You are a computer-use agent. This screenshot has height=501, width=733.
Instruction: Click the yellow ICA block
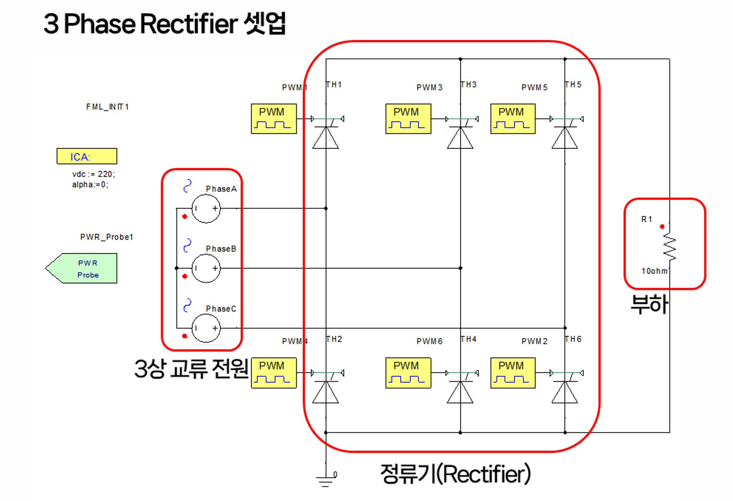[87, 156]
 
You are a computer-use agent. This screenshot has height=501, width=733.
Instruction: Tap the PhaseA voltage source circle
[206, 209]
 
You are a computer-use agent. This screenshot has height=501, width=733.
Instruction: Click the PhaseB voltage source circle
[206, 268]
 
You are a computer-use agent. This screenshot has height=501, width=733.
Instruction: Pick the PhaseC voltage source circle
[206, 328]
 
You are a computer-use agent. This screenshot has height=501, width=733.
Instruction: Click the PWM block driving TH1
[274, 119]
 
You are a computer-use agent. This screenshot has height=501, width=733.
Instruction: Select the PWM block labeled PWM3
[408, 119]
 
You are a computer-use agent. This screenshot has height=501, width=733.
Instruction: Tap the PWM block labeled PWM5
[513, 119]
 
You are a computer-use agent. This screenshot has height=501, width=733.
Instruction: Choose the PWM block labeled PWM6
[408, 373]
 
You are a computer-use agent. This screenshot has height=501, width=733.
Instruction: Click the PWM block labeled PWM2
[513, 373]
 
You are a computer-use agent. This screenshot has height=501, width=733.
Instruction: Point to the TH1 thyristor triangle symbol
[326, 138]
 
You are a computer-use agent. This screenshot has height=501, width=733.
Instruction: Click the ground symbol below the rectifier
[326, 481]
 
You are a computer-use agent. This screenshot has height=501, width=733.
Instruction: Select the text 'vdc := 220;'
[94, 174]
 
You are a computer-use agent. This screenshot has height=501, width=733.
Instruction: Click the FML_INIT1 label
[107, 107]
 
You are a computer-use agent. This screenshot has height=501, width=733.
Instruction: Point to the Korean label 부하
[649, 305]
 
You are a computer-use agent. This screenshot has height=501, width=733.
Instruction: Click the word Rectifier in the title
[189, 24]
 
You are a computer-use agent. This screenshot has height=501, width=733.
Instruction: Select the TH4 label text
[468, 339]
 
